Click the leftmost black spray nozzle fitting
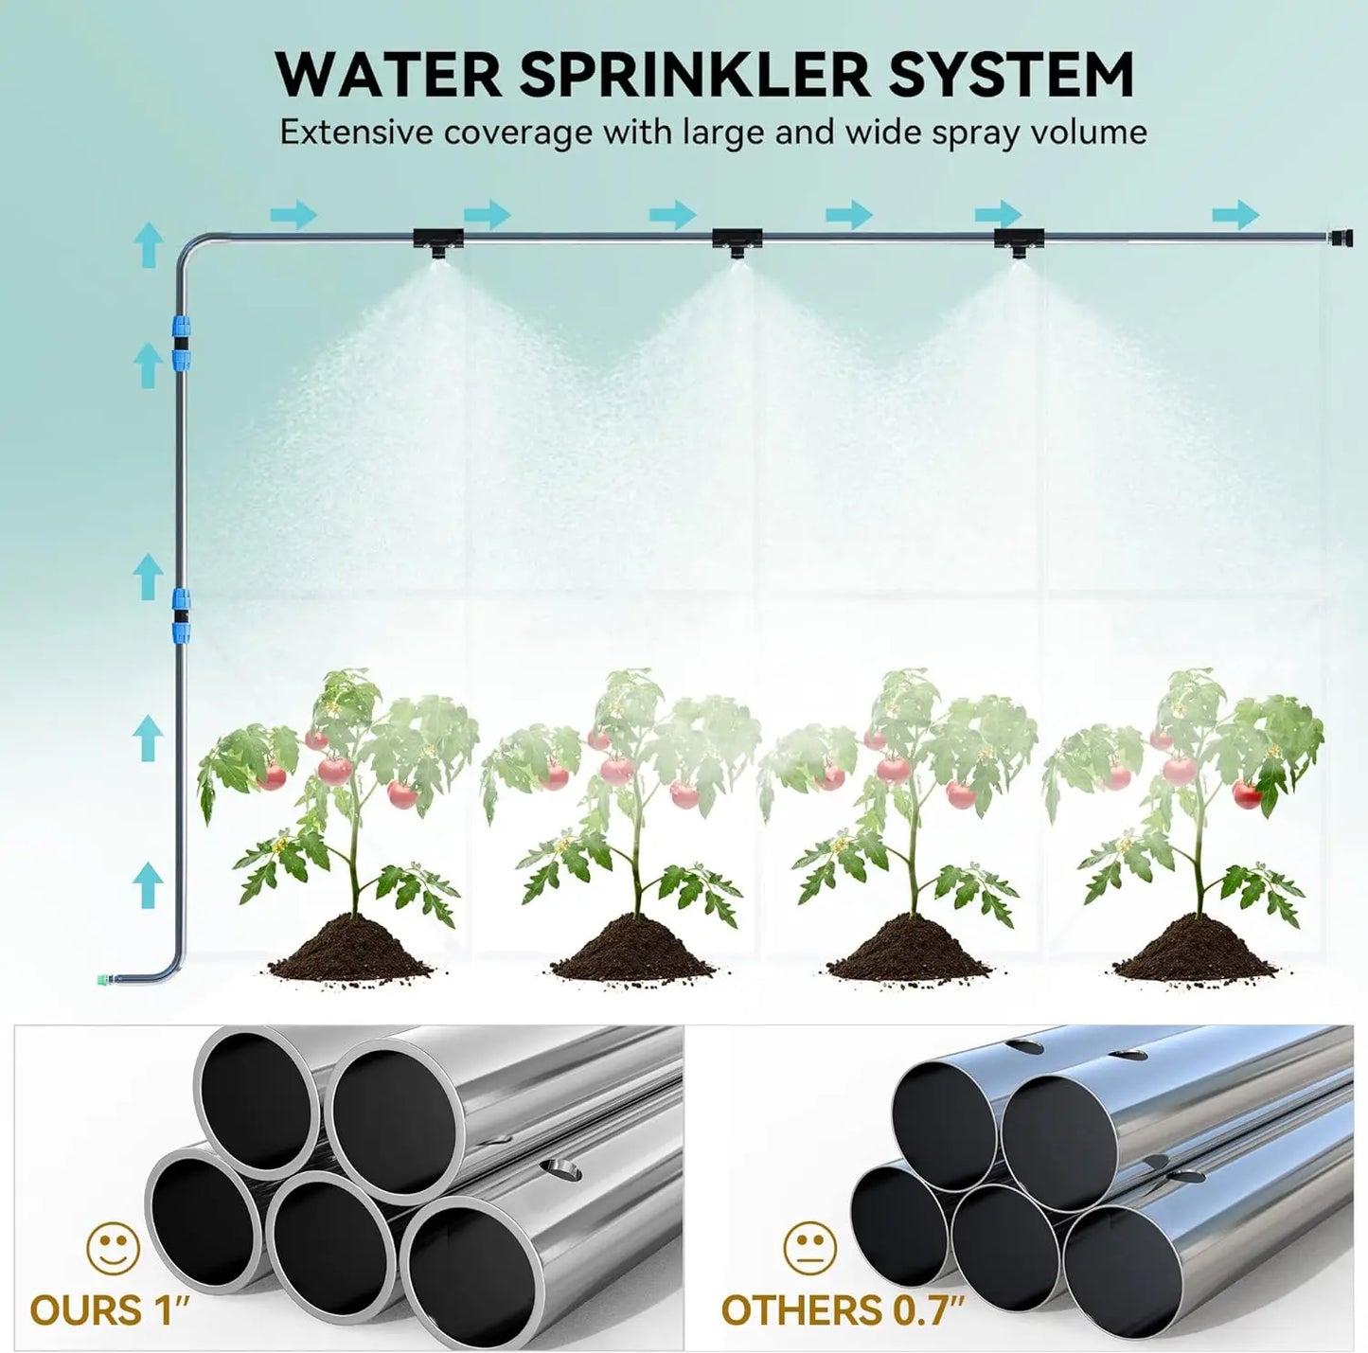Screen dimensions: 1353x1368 pos(436,239)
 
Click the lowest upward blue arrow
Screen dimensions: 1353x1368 pos(148,883)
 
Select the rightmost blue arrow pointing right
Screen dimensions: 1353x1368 pos(1235,215)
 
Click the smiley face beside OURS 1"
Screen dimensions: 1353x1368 pos(113,1249)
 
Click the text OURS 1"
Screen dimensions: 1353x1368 pos(111,1310)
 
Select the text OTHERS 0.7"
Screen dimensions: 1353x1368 pos(842,1310)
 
